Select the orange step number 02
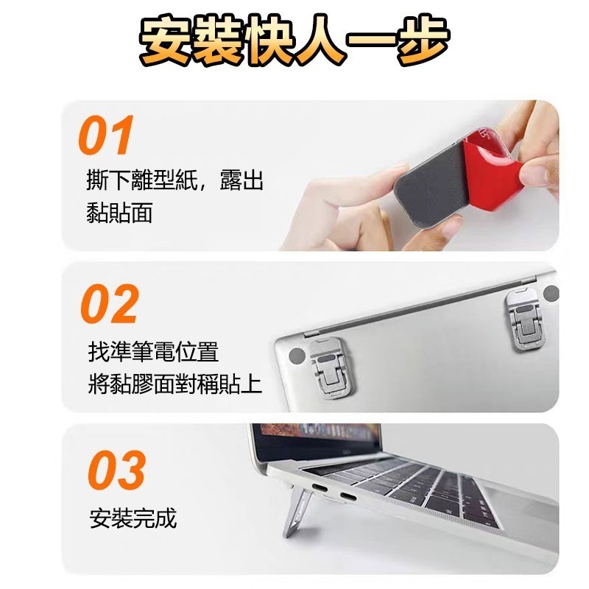tap(109, 303)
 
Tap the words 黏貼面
tap(119, 213)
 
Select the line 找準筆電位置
tap(153, 351)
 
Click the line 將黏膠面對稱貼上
tap(174, 384)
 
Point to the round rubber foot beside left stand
tap(296, 356)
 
